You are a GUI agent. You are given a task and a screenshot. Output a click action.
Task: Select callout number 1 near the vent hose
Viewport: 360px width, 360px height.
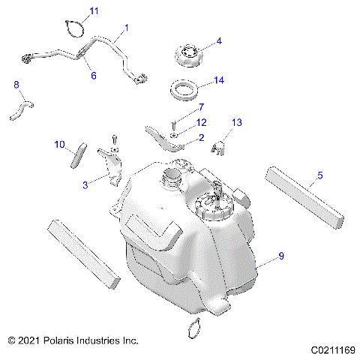pos(127,28)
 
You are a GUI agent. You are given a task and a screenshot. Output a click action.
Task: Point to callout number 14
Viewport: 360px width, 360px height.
pos(219,79)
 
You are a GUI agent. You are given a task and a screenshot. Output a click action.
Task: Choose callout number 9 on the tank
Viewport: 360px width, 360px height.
pos(281,256)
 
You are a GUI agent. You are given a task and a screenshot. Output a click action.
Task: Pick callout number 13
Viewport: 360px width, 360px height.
pos(237,121)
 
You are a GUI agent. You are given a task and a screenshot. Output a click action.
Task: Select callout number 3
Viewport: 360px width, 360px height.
pos(85,182)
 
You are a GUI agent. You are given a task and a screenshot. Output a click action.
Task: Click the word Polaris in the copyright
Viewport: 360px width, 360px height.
pos(63,340)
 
